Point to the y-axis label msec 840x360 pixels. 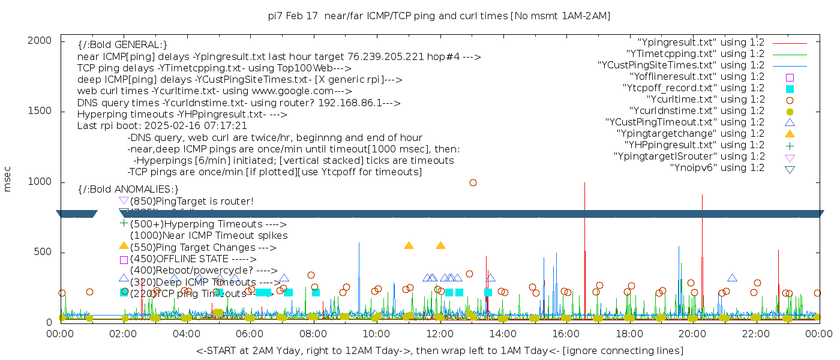[8, 181]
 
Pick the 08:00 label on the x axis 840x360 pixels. [313, 334]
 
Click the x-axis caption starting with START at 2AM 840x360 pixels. [439, 350]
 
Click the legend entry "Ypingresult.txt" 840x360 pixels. [701, 42]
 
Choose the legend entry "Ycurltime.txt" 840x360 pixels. [705, 99]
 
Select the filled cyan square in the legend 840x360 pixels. [790, 88]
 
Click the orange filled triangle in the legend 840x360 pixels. [790, 133]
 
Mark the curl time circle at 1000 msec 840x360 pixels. [473, 182]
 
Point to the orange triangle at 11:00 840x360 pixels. [409, 245]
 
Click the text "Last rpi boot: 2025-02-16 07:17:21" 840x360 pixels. [162, 126]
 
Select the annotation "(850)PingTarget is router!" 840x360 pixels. [191, 201]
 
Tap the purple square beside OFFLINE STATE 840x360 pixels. [124, 260]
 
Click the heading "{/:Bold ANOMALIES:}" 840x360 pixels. [128, 190]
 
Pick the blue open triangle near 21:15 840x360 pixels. [732, 278]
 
